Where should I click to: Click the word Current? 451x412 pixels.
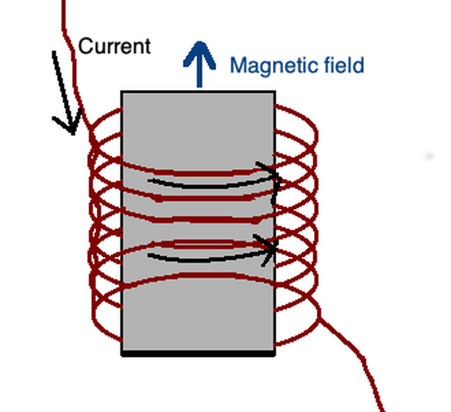(114, 46)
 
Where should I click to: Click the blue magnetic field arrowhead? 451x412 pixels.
(199, 52)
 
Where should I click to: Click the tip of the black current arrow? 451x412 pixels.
(72, 132)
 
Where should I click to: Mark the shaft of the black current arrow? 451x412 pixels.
(61, 87)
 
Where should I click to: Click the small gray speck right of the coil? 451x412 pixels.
(428, 156)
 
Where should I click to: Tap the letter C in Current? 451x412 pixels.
(84, 46)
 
